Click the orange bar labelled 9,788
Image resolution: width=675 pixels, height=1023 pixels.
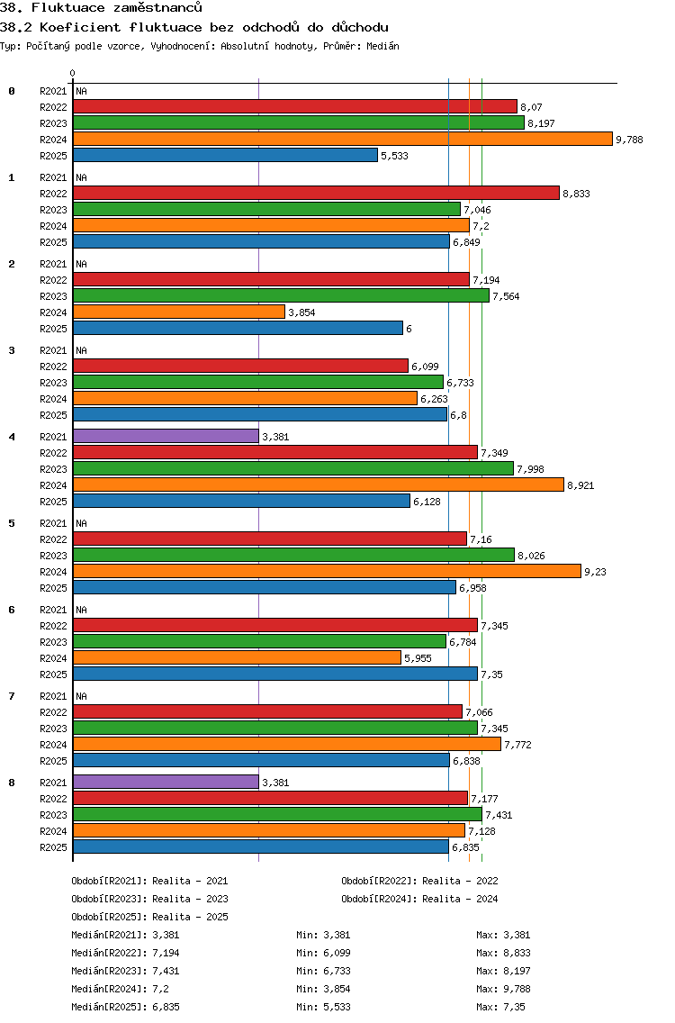(x=342, y=139)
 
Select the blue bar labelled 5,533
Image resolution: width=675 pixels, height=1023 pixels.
(x=225, y=155)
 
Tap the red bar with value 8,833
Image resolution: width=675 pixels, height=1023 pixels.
(x=316, y=193)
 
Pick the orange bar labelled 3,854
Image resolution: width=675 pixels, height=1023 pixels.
(x=179, y=312)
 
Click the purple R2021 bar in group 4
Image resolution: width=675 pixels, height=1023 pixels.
(x=166, y=436)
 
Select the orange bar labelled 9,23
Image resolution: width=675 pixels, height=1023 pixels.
(x=327, y=571)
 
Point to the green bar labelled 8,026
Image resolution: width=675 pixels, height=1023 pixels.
(x=293, y=555)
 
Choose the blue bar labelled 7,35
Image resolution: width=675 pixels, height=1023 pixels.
(x=275, y=674)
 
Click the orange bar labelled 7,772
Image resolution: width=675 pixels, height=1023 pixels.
(x=287, y=744)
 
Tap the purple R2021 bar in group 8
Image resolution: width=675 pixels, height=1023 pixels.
(x=166, y=782)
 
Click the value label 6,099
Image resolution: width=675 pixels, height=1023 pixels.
(x=425, y=367)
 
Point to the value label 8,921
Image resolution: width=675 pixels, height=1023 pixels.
(x=580, y=485)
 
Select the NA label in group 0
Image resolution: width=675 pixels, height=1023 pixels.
(x=81, y=91)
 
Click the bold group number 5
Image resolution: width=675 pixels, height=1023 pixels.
(x=12, y=523)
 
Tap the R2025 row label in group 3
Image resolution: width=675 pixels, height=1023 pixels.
(x=53, y=415)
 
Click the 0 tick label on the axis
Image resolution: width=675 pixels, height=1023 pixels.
(x=73, y=73)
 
